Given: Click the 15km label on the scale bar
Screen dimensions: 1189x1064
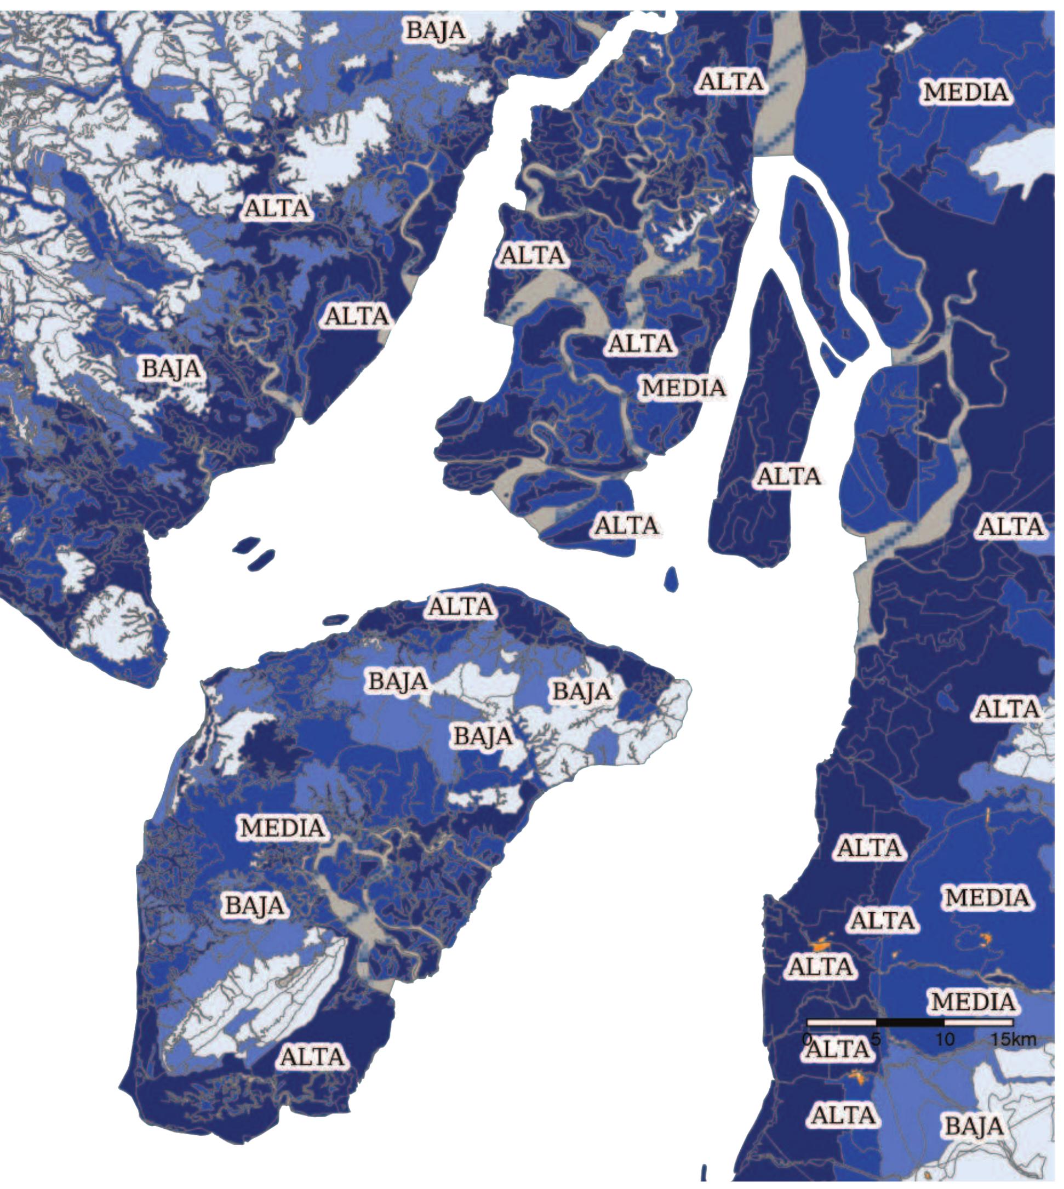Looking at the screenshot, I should pyautogui.click(x=1014, y=1039).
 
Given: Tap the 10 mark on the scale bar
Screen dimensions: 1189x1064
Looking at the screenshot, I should pyautogui.click(x=945, y=1039).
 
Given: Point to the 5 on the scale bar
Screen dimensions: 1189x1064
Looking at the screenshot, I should pyautogui.click(x=876, y=1039).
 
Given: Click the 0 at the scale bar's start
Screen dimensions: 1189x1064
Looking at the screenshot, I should pyautogui.click(x=808, y=1039).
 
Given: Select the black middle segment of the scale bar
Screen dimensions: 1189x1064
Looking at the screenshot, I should pyautogui.click(x=910, y=1022).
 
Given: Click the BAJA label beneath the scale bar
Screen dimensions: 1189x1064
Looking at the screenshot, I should pyautogui.click(x=974, y=1126).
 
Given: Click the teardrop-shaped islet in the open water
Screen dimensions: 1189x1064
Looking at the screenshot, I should pyautogui.click(x=672, y=578).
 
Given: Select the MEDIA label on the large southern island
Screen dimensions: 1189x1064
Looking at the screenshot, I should pyautogui.click(x=283, y=827).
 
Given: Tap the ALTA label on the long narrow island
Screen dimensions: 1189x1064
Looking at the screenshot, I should pyautogui.click(x=789, y=476).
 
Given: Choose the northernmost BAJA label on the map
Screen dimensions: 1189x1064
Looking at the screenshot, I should pyautogui.click(x=436, y=30).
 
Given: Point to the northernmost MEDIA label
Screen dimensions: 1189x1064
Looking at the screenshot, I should pyautogui.click(x=966, y=92).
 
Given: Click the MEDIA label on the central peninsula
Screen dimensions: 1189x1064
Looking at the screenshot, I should pyautogui.click(x=683, y=387).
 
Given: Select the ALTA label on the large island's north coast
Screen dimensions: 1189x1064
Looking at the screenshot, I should pyautogui.click(x=461, y=606).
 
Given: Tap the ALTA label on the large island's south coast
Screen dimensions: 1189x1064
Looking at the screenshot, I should pyautogui.click(x=313, y=1056).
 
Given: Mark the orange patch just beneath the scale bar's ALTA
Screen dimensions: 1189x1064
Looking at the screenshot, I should pyautogui.click(x=857, y=1076).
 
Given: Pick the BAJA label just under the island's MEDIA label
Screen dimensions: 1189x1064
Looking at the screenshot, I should pyautogui.click(x=255, y=906).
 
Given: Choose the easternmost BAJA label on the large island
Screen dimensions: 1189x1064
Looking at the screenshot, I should pyautogui.click(x=582, y=691).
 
